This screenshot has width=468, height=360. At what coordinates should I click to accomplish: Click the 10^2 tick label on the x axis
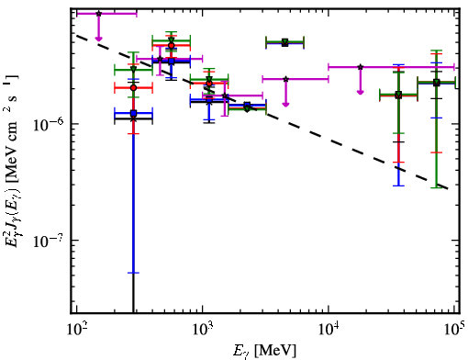76,329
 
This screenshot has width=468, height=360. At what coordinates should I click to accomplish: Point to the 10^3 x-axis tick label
203,329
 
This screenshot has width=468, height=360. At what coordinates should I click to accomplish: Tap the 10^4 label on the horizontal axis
329,329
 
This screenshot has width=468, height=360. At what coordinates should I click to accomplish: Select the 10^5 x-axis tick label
455,328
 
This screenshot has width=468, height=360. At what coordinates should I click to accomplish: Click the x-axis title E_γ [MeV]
264,351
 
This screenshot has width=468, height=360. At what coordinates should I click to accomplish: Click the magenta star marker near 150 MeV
98,14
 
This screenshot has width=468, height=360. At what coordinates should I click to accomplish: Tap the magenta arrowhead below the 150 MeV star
98,39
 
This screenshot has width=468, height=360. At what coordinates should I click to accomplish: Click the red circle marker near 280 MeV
133,88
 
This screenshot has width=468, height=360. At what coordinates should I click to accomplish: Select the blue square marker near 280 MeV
133,113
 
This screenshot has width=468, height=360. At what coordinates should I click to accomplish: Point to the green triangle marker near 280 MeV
133,69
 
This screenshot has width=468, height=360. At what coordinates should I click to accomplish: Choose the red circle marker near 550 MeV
172,46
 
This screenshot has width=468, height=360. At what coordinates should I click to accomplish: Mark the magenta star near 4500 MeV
285,79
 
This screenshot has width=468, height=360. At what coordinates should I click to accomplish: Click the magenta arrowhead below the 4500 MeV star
285,105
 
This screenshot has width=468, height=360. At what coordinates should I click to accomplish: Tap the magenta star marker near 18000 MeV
361,67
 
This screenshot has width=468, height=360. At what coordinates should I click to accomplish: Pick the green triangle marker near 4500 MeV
285,41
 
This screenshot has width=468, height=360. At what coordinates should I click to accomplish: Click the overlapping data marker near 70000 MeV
437,83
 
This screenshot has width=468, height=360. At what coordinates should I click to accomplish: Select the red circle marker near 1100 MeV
209,84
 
